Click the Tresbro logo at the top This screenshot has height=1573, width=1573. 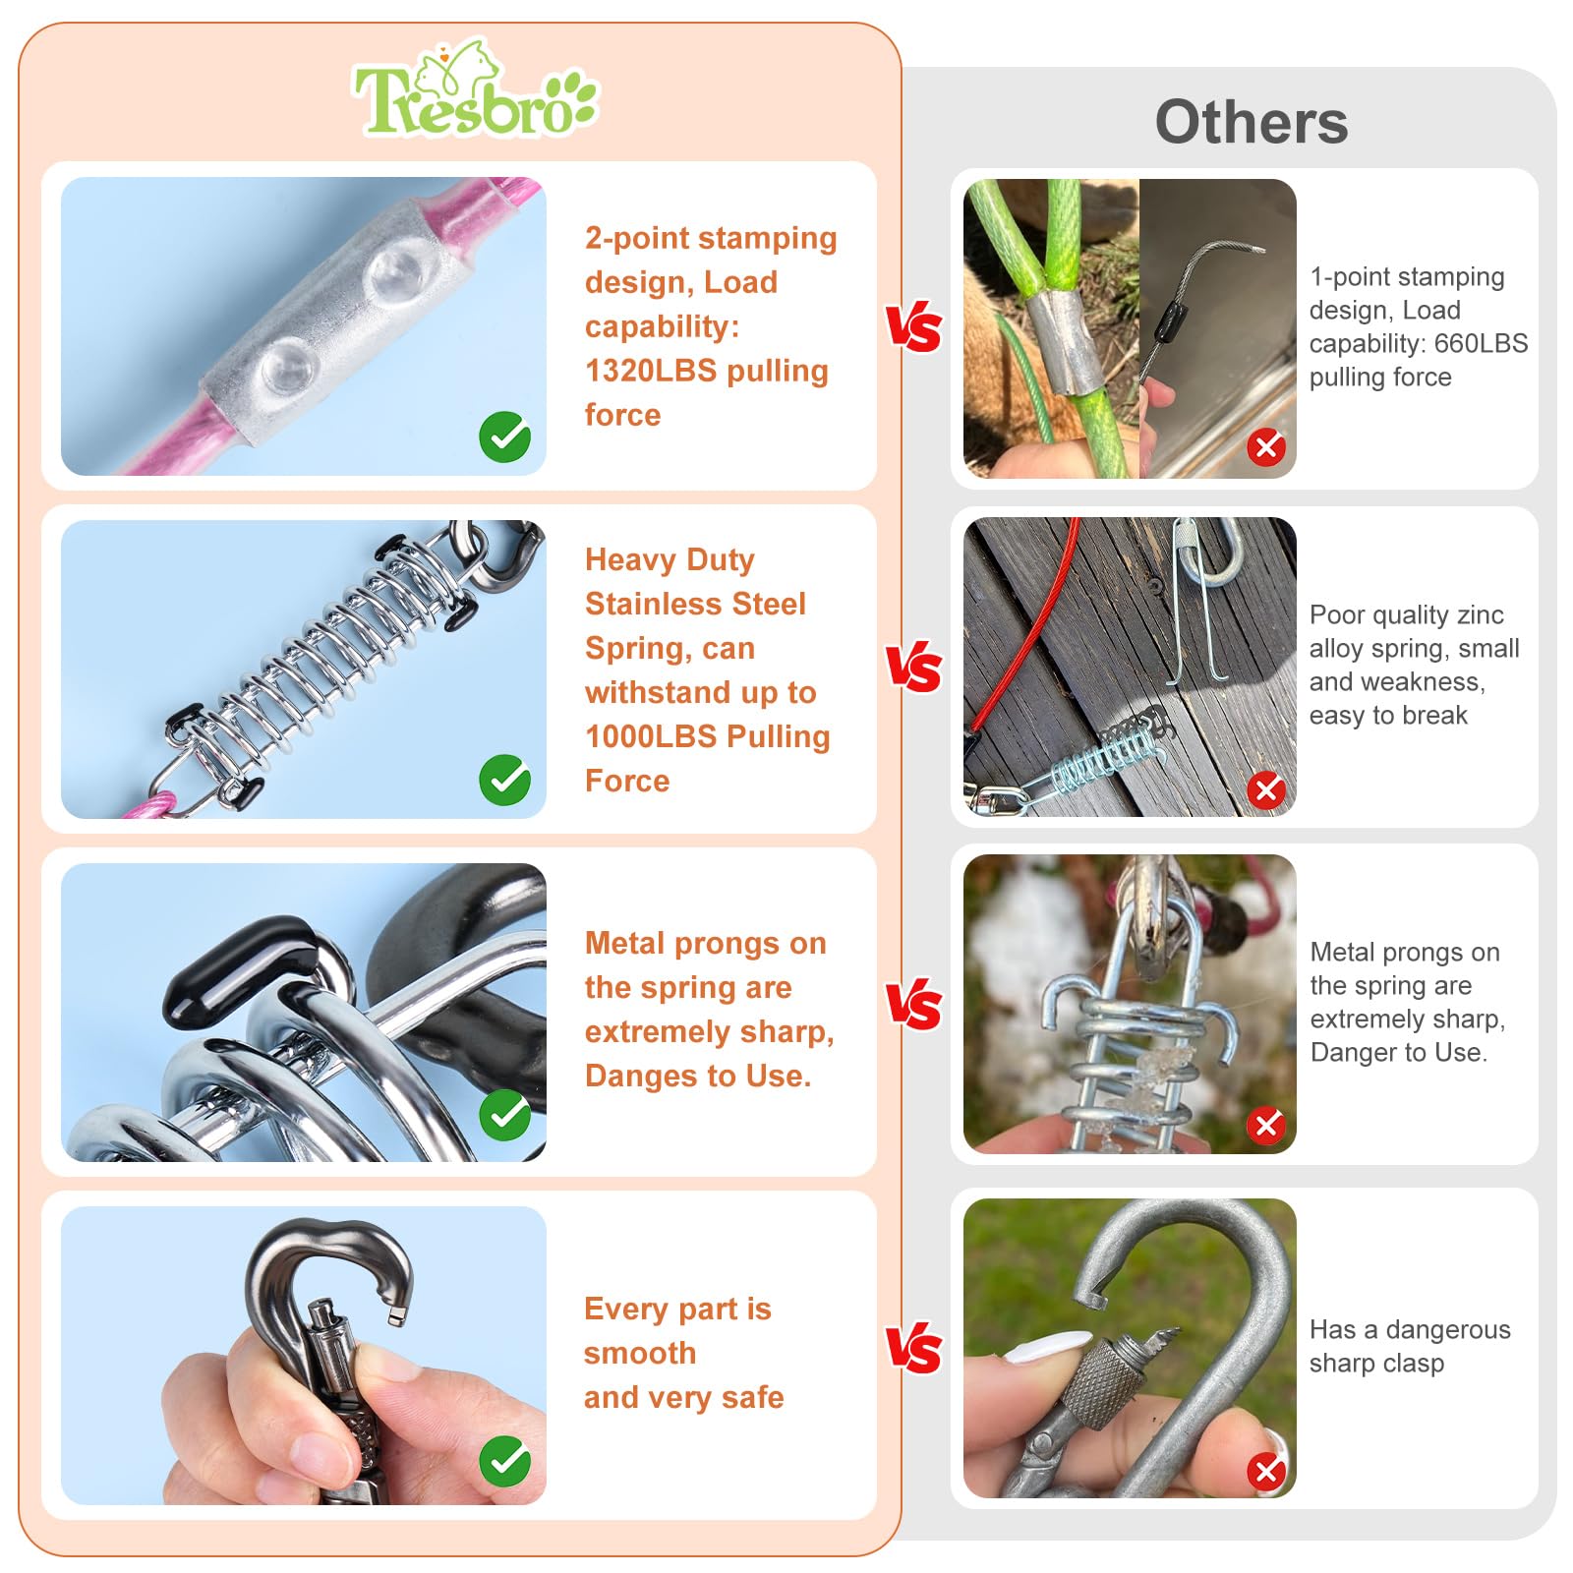pyautogui.click(x=476, y=89)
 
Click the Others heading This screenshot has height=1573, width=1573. pyautogui.click(x=1251, y=122)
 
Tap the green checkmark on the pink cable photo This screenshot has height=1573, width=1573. pyautogui.click(x=505, y=437)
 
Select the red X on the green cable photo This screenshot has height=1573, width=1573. pyautogui.click(x=1266, y=447)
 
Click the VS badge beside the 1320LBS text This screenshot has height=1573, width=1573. pyautogui.click(x=913, y=327)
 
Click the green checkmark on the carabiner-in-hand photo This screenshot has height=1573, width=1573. pyautogui.click(x=505, y=1461)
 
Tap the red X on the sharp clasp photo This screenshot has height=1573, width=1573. pyautogui.click(x=1266, y=1471)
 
